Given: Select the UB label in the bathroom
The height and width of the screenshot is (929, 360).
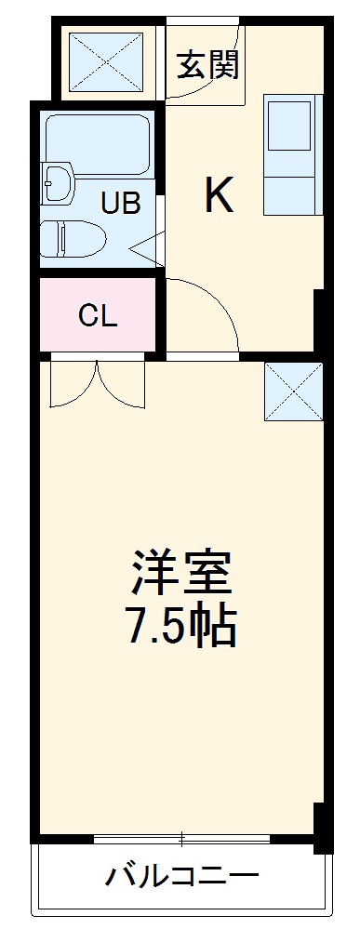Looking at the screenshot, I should point(122,204).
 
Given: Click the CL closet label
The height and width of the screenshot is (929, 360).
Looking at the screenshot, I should point(98,316).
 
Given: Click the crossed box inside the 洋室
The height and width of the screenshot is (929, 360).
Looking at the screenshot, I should point(293,391).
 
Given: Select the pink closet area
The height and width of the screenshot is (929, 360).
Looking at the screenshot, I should point(98,316).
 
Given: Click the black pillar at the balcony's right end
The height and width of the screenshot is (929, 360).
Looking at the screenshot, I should point(322,828).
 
